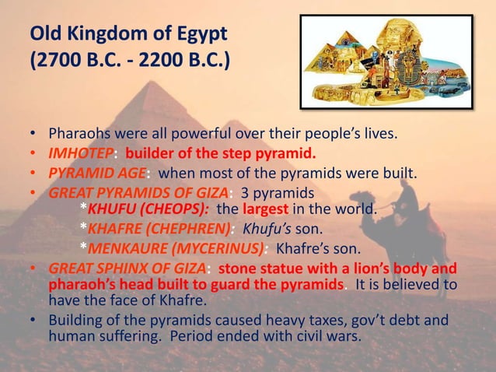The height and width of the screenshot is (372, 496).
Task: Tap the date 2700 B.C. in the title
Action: tap(72, 60)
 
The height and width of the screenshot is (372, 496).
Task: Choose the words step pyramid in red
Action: tap(267, 152)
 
